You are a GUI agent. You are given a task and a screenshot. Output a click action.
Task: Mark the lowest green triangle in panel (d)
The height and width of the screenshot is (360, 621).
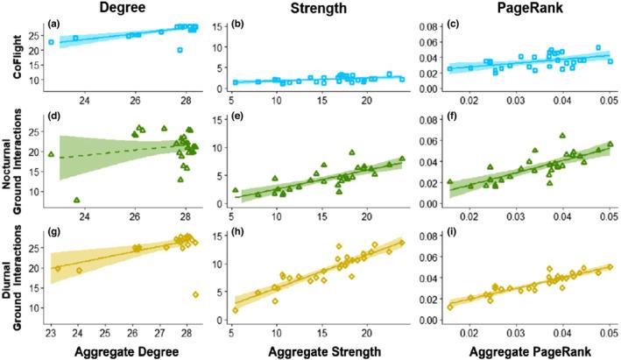76,201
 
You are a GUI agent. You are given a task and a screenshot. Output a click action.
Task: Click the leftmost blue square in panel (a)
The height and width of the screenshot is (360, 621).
52,42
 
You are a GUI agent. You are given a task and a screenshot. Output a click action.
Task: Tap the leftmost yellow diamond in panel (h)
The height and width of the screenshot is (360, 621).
235,310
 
